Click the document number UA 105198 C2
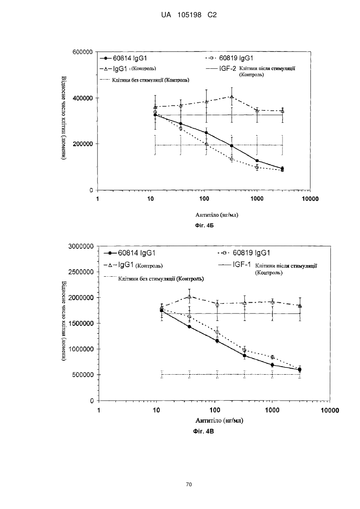click(189, 15)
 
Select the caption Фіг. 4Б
click(205, 226)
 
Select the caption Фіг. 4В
click(203, 431)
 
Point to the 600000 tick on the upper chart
click(82, 52)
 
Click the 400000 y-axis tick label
click(82, 98)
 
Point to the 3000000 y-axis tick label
click(81, 246)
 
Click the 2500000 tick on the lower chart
click(81, 272)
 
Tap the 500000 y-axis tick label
click(83, 375)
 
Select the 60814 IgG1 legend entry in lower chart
click(130, 253)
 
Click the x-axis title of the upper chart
click(217, 215)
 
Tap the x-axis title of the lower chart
click(219, 420)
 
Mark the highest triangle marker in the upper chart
click(232, 97)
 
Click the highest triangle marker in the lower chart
click(189, 297)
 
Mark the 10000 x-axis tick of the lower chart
click(330, 410)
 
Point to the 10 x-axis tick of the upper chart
click(150, 199)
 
